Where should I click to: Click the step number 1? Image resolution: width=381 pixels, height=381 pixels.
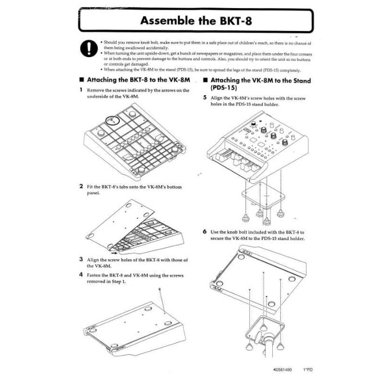81,90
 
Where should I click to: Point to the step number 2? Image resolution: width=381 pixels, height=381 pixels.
81,186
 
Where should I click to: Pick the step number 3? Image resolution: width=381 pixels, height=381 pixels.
81,260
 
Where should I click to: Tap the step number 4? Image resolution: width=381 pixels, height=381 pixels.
81,274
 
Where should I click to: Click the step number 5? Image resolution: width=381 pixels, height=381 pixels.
205,98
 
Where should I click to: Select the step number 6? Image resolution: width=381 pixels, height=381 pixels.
205,231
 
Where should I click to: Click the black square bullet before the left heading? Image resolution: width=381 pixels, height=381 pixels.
82,80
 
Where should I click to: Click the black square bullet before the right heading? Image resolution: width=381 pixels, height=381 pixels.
205,80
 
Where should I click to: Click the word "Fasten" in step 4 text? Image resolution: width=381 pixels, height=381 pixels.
97,275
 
